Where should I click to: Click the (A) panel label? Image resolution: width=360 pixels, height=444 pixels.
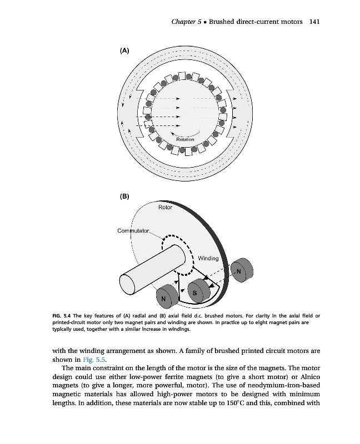click(124, 51)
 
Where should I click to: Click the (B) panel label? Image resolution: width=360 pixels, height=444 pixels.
click(124, 196)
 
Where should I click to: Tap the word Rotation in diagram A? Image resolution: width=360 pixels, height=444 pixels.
click(185, 139)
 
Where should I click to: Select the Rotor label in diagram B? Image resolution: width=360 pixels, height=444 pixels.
click(165, 207)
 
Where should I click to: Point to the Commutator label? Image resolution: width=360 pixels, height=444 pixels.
click(133, 231)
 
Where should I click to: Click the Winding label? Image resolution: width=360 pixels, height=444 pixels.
click(208, 258)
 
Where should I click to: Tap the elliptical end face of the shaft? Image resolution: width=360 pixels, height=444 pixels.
click(127, 285)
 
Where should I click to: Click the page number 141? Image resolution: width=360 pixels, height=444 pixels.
click(314, 22)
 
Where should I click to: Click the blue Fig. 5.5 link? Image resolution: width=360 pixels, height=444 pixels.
click(94, 360)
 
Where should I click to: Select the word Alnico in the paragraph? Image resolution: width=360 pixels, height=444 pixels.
click(311, 377)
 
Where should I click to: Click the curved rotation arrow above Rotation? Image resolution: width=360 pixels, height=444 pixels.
click(185, 134)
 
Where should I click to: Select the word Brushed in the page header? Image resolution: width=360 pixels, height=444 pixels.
click(221, 22)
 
